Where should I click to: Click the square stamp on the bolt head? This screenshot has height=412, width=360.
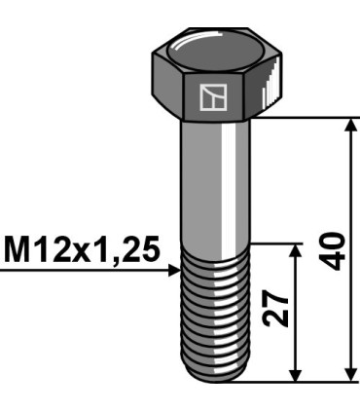click(x=211, y=96)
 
